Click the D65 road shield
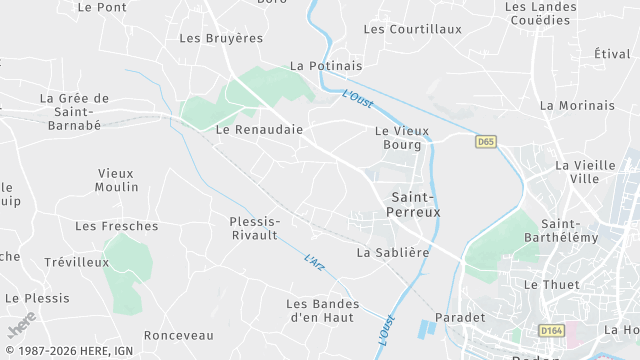click(x=485, y=142)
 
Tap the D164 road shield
click(x=550, y=330)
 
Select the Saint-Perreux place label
click(x=415, y=205)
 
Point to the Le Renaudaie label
click(x=259, y=129)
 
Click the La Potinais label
click(x=326, y=66)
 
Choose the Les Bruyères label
click(x=220, y=38)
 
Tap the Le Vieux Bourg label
click(x=401, y=137)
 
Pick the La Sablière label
click(x=393, y=253)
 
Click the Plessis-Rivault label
click(x=254, y=228)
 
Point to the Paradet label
click(x=460, y=317)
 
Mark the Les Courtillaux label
click(x=413, y=29)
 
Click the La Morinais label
click(x=577, y=105)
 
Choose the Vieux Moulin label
click(x=117, y=180)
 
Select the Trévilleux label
click(x=76, y=261)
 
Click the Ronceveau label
click(x=179, y=335)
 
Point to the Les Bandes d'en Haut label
click(x=322, y=310)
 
